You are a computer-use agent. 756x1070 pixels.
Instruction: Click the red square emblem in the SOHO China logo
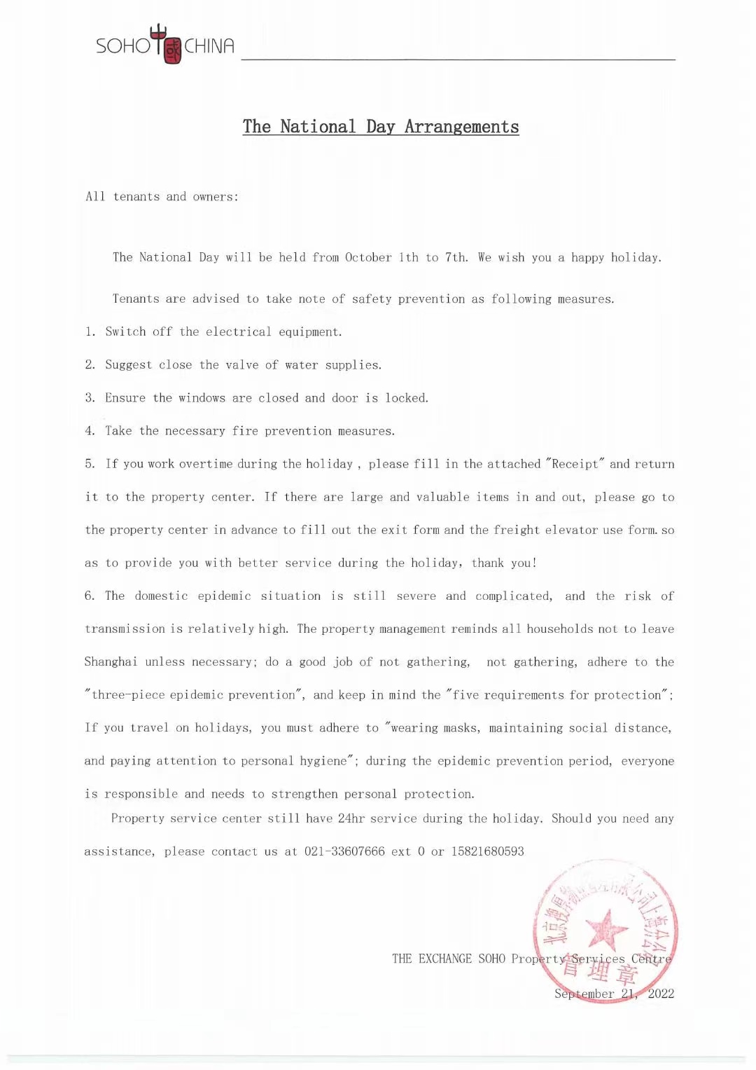point(172,49)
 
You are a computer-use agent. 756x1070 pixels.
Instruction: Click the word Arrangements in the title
point(461,127)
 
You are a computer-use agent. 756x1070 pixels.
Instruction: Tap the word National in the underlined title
point(318,127)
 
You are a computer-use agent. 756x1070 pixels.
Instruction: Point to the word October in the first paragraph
point(368,257)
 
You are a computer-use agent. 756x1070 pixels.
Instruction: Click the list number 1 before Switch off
point(90,331)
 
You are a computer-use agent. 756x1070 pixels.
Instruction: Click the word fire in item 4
point(245,431)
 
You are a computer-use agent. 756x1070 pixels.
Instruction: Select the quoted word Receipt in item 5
point(575,464)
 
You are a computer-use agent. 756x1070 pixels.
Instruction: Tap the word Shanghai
point(111,661)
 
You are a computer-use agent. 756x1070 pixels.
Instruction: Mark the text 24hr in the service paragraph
point(351,818)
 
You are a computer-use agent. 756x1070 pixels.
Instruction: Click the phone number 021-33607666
point(344,851)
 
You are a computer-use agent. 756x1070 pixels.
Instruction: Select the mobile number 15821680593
point(487,851)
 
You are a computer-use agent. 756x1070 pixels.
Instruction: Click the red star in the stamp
point(606,930)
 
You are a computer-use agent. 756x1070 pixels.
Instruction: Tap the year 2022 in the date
point(661,994)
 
